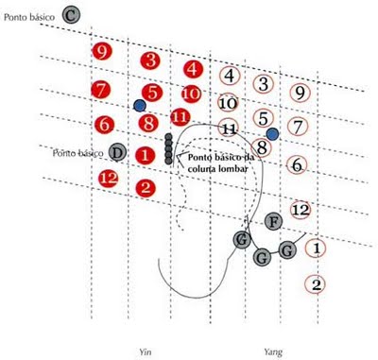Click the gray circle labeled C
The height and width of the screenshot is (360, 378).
pos(71,15)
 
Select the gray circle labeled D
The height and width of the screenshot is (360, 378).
pos(117,153)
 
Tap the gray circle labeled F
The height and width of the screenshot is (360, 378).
pos(274,222)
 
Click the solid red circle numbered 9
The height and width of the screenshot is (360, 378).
pos(102,52)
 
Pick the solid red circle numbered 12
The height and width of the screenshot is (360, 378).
pos(109,179)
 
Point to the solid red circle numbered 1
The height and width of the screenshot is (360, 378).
pos(145,155)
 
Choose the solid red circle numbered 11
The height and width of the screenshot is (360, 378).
pos(180,117)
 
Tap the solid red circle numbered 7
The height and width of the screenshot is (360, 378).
pos(101,90)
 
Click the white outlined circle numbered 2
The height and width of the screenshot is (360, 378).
pos(316,284)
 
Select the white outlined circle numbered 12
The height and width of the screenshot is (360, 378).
pos(301,210)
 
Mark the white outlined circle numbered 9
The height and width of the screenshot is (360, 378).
pos(300,93)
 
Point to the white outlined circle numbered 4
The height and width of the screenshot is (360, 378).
pos(230,76)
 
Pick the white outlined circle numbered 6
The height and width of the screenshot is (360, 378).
pos(297,164)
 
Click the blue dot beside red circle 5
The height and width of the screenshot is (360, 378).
pos(140,106)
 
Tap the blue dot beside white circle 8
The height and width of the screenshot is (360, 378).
pos(272,134)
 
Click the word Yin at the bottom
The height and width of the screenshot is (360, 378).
pos(144,351)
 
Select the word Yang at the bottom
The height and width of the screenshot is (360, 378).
pos(273,351)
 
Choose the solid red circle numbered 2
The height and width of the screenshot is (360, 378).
pos(146,188)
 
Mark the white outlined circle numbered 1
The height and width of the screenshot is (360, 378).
pos(316,249)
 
